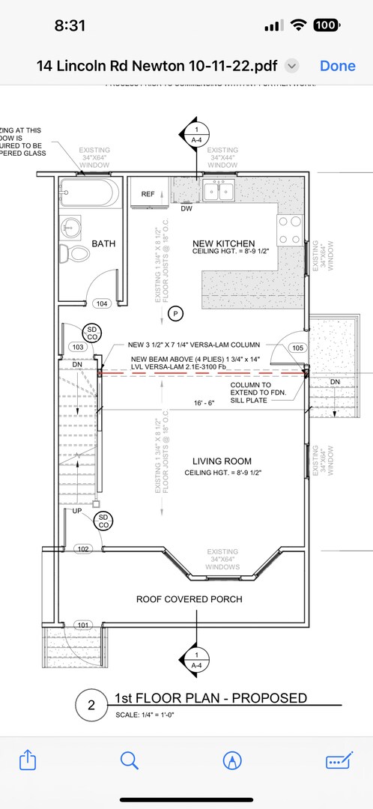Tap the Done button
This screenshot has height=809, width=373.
(337, 66)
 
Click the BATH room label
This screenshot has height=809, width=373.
(103, 243)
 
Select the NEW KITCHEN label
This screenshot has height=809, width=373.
(223, 243)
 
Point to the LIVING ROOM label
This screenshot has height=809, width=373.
(222, 461)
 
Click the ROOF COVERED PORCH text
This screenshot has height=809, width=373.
(189, 599)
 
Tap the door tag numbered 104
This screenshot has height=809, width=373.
(101, 304)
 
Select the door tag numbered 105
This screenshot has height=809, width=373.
(297, 348)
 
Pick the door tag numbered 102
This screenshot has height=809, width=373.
(83, 549)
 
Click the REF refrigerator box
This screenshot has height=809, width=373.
(148, 195)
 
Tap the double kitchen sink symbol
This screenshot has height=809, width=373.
(219, 192)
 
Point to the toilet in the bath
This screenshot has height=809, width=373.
(71, 253)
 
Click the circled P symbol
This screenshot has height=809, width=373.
(175, 314)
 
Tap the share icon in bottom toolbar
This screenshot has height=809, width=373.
(28, 760)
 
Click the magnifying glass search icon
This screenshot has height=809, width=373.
(130, 760)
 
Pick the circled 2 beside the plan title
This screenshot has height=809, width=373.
(91, 705)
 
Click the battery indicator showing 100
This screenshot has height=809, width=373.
(325, 25)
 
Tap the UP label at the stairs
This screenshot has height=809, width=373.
(77, 511)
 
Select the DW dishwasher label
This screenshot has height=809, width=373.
(186, 209)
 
